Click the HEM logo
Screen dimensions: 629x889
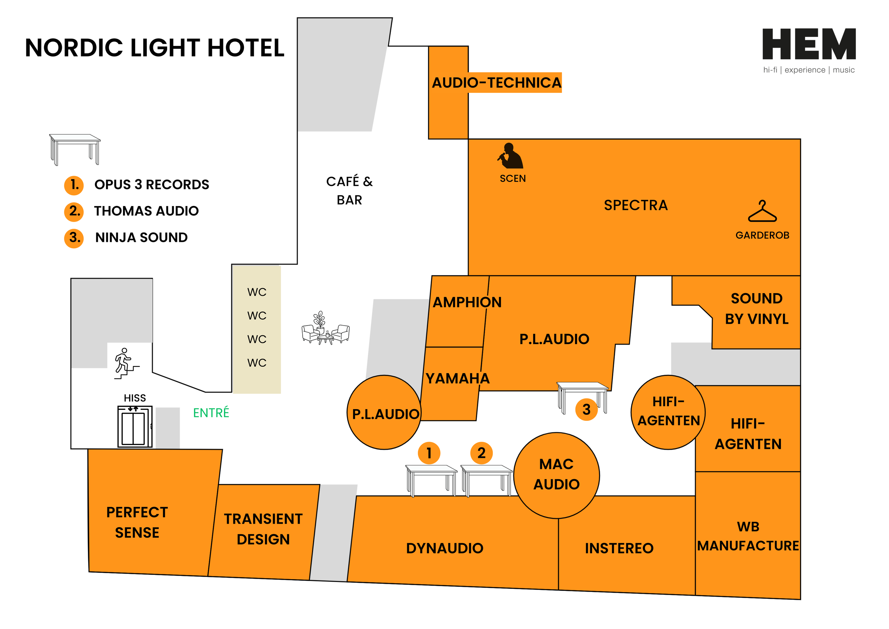[x=809, y=44]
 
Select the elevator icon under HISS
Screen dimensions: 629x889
[x=135, y=427]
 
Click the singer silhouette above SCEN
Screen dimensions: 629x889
[x=510, y=156]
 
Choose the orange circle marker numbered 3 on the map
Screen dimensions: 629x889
[x=586, y=409]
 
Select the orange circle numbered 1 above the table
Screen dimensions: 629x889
[x=429, y=453]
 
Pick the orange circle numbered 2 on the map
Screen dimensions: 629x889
[x=481, y=453]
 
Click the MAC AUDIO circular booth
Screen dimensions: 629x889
[x=557, y=475]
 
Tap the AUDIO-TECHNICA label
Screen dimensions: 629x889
[x=496, y=83]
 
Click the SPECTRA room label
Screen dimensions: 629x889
[x=636, y=205]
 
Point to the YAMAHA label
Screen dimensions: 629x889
[x=457, y=379]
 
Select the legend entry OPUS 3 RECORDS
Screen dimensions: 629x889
[x=151, y=184]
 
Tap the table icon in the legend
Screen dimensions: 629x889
[x=75, y=149]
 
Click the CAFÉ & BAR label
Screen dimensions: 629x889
[x=349, y=191]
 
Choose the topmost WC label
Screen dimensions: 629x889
[x=257, y=292]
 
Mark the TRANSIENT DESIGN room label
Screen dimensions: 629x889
[x=263, y=529]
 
